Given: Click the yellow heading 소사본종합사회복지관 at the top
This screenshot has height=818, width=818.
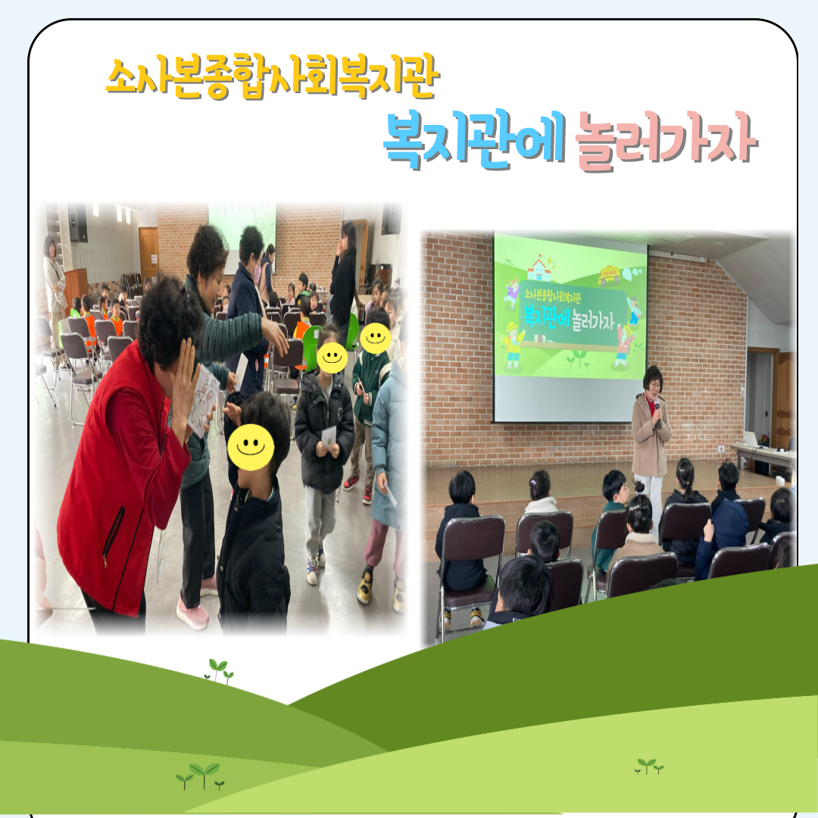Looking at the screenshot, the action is (x=273, y=79).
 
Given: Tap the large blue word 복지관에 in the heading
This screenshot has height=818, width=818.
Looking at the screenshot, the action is (x=473, y=139).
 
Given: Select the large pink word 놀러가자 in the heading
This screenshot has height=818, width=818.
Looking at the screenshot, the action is (x=666, y=141).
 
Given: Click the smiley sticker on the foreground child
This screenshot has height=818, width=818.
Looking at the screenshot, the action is (x=251, y=447).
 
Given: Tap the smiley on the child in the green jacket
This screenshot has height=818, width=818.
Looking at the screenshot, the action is (x=376, y=338).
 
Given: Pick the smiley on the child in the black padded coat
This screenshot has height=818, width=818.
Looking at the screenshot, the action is (x=332, y=357).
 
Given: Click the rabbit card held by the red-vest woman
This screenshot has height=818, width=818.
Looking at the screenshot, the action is (x=203, y=400).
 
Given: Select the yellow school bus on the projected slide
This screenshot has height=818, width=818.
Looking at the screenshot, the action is (x=609, y=274).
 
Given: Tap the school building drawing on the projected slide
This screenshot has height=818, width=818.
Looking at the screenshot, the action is (x=542, y=267).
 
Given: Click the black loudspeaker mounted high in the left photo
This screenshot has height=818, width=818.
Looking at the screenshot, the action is (x=78, y=223).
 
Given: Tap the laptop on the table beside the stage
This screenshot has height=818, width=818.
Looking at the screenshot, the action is (x=751, y=439).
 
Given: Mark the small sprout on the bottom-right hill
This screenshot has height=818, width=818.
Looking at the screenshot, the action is (x=649, y=766).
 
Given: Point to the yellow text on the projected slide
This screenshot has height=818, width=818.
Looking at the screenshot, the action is (x=552, y=295).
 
